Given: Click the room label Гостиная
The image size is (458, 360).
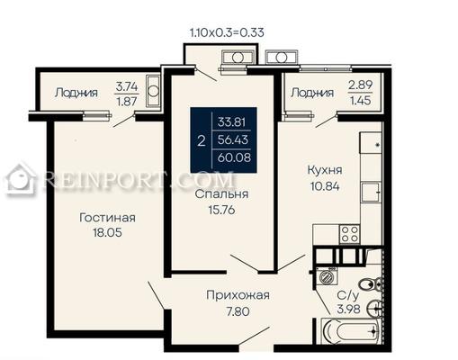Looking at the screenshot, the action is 107,218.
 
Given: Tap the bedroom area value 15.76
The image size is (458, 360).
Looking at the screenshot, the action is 221,210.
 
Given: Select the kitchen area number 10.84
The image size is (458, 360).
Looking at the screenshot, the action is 325,186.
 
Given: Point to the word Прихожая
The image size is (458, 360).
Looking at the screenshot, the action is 238,295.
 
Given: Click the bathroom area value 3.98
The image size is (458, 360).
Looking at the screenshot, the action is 348,309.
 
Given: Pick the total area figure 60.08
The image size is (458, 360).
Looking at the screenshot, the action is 234,157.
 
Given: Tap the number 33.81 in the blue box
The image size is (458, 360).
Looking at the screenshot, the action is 231,122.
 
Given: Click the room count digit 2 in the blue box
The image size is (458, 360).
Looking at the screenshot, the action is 202,140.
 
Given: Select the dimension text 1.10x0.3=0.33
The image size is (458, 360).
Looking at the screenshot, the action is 227,32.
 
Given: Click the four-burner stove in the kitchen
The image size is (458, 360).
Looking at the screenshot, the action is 349,234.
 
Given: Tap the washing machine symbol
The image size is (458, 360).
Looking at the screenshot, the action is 326,276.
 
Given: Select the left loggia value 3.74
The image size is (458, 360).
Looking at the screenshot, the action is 127,87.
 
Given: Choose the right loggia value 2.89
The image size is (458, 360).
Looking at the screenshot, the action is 360,85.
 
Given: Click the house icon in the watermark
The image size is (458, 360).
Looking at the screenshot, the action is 21,179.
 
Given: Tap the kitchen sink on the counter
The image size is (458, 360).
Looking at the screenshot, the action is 371,192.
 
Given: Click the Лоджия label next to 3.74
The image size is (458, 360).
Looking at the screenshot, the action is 76,93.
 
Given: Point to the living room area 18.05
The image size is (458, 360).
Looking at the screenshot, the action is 107,232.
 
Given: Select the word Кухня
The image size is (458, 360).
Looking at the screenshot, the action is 325,170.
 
